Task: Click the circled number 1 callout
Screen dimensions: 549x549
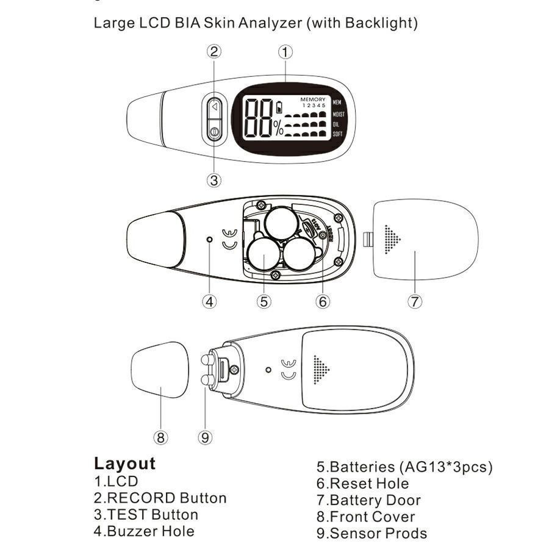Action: (285, 52)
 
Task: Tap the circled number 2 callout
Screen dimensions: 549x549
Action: (214, 51)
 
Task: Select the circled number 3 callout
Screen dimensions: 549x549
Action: (213, 180)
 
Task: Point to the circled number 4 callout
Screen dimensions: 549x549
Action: (210, 301)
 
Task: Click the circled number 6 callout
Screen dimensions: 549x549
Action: (323, 301)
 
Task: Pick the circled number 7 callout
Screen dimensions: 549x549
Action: (414, 301)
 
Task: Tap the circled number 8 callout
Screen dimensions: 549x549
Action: (160, 437)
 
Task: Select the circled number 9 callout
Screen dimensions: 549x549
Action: (206, 437)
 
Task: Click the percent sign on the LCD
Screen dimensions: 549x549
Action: (278, 127)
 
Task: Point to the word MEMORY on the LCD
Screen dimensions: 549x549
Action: (312, 99)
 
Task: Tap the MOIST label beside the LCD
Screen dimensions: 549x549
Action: (339, 113)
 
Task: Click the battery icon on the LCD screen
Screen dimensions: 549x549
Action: (280, 107)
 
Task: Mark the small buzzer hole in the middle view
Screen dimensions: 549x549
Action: (210, 240)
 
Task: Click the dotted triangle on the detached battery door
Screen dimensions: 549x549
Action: (392, 240)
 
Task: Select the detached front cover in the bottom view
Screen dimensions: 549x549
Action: (160, 369)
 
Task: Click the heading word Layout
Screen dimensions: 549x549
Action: (124, 464)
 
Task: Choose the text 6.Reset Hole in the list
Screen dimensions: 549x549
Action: (362, 484)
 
